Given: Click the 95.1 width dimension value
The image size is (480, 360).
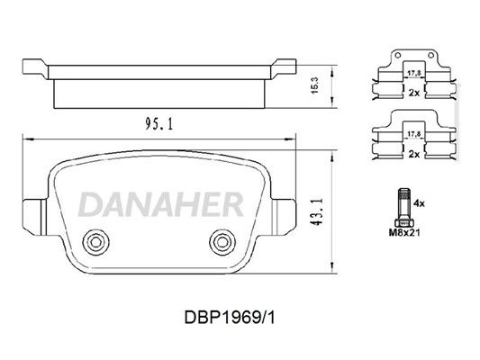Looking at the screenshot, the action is coord(158,124).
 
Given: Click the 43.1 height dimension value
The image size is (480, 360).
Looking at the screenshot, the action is coord(316,211).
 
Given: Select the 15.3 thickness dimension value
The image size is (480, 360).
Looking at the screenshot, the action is coord(315,85).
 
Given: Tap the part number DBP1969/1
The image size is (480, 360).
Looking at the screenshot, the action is coord(230,318).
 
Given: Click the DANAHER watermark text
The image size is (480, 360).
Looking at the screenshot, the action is coord(161,204).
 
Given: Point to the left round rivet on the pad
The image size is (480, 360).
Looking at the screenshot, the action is coord(95,242).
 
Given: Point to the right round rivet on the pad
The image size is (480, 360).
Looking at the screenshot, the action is coord(222,242).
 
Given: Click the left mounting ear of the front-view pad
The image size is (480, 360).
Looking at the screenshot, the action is coord(34,217).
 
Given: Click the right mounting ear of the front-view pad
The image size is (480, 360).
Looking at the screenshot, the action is coord(284,217).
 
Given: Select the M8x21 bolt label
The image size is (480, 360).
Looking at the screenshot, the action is coord(404,232).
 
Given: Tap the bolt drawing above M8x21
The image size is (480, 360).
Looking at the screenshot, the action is coord(404,208).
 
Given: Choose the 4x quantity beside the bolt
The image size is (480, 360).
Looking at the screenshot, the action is coord(419,203).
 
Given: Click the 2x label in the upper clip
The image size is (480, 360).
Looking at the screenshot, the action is coord(414,93).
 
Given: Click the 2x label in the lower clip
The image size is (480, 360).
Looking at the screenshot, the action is coord(414,154).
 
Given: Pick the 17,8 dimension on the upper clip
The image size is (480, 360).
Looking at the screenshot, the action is coord(414,73).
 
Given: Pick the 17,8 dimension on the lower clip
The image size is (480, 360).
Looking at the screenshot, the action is coord(414,134).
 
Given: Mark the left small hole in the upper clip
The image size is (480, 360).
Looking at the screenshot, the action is coord(398,56).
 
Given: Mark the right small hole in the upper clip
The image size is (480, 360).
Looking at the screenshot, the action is coord(430,56).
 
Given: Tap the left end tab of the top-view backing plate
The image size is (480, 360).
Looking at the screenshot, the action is coord(35,68).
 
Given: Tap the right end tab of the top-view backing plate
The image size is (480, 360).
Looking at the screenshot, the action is coord(284,68).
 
